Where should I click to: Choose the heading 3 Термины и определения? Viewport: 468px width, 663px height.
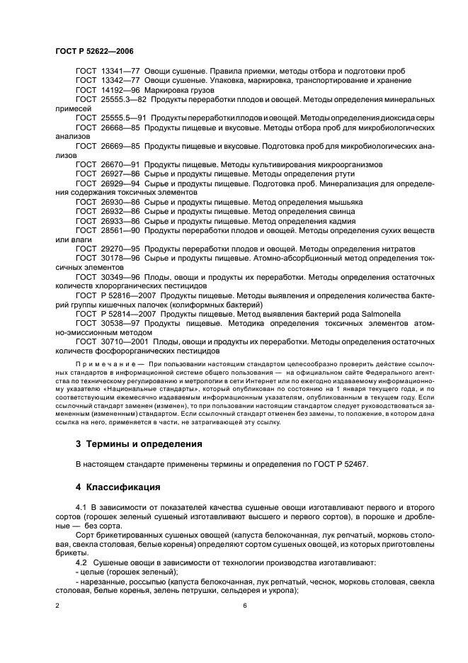coord(139,444)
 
